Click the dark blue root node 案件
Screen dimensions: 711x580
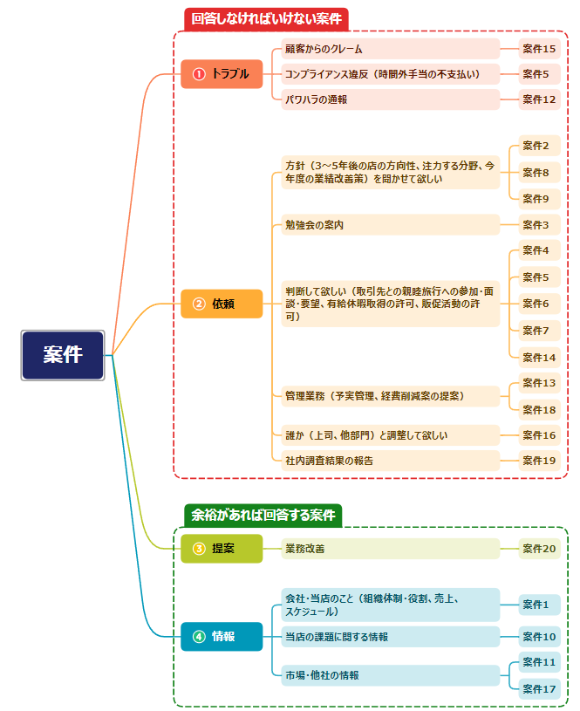[63, 355]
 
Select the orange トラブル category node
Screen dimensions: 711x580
[222, 74]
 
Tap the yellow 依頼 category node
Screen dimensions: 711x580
[222, 304]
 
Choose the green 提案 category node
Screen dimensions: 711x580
[222, 549]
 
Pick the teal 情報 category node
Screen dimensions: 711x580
[222, 636]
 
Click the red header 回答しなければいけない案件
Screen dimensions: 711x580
[266, 18]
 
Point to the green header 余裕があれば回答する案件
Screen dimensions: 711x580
[263, 515]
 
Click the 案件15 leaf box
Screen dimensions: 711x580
[539, 49]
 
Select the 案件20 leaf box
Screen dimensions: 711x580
[539, 549]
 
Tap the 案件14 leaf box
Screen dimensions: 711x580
[539, 357]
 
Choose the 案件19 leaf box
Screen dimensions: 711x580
[539, 460]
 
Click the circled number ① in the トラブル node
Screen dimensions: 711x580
[199, 74]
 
